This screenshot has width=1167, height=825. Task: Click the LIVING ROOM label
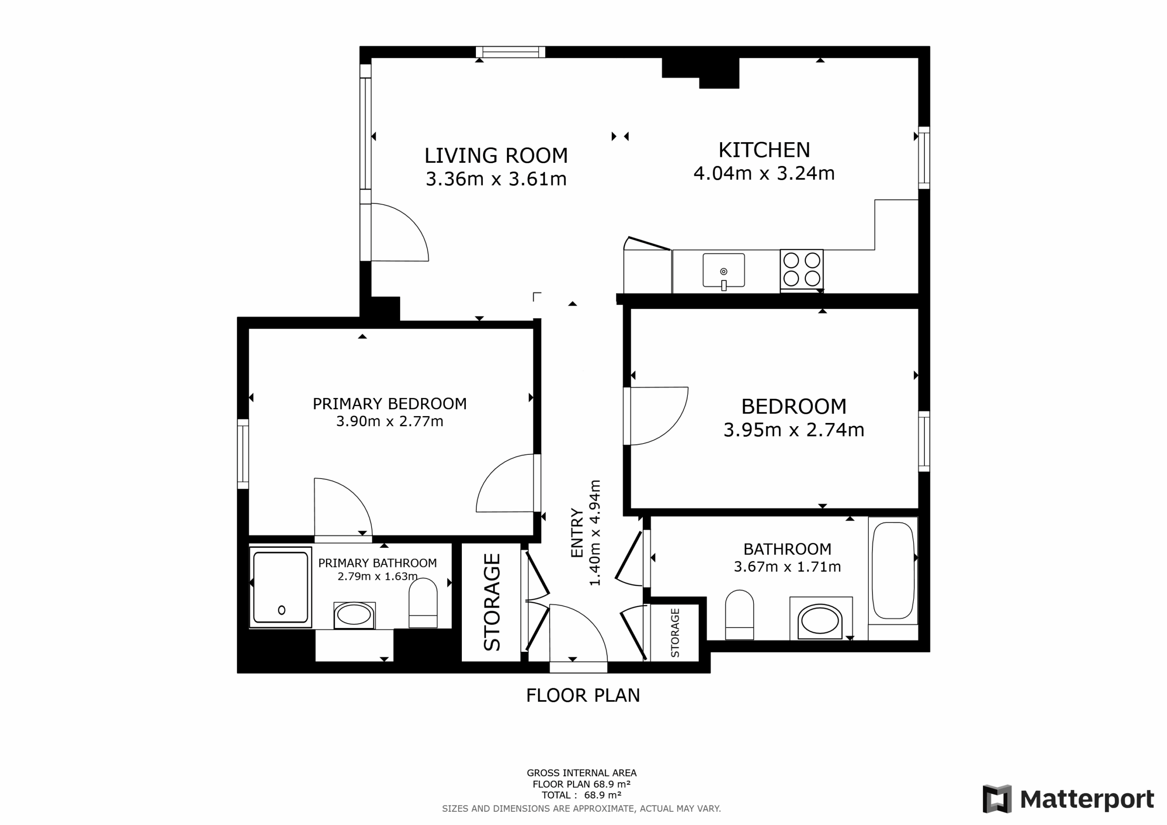[x=496, y=155]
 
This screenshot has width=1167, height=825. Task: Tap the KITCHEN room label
[x=764, y=150]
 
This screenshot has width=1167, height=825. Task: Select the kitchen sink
[x=723, y=271]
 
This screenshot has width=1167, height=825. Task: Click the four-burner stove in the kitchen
[x=801, y=269]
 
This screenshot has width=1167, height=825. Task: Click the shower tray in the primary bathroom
[x=280, y=587]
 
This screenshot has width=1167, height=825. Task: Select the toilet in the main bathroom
[x=739, y=614]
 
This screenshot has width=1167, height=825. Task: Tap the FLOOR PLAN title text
[x=583, y=696]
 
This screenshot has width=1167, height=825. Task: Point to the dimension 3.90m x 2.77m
[x=389, y=422]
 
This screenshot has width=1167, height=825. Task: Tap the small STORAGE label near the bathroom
[x=675, y=633]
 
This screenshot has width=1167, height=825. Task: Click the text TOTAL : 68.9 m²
[x=582, y=795]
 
